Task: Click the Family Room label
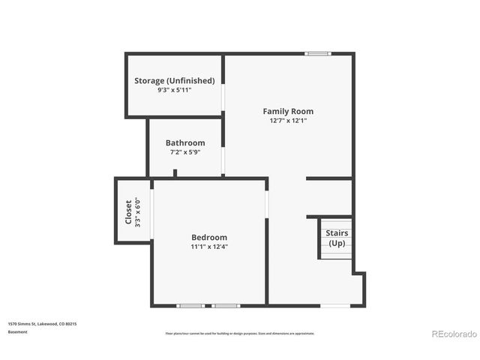[288, 111]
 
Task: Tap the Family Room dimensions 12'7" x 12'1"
[288, 120]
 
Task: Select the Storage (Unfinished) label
[174, 80]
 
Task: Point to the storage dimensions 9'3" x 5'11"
[174, 90]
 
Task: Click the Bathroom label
[185, 142]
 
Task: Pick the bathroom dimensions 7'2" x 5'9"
[185, 152]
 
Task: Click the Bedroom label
[209, 237]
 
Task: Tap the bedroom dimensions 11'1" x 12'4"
[209, 247]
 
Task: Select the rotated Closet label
[128, 211]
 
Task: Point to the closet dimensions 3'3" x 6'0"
[137, 211]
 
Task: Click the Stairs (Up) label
[337, 238]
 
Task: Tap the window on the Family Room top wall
[317, 53]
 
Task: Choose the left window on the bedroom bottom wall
[190, 305]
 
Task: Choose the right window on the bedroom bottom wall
[226, 305]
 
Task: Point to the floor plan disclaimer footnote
[240, 333]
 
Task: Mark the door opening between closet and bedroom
[152, 212]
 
